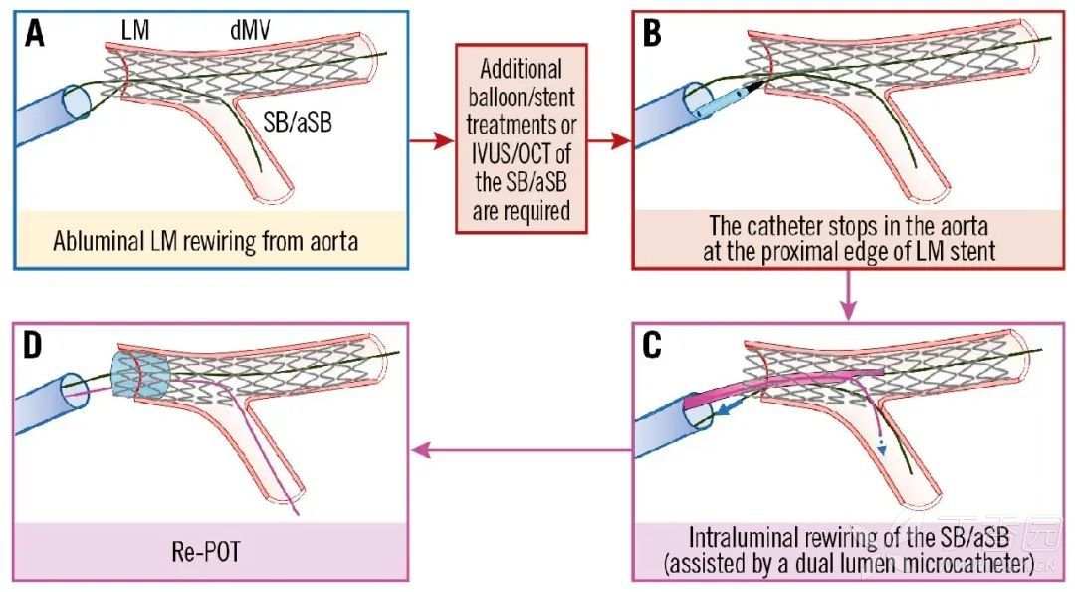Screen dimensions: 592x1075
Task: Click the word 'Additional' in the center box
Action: pyautogui.click(x=521, y=71)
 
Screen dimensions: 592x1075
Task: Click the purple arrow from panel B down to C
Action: pyautogui.click(x=847, y=296)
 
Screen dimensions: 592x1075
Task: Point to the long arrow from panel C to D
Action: pyautogui.click(x=519, y=449)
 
